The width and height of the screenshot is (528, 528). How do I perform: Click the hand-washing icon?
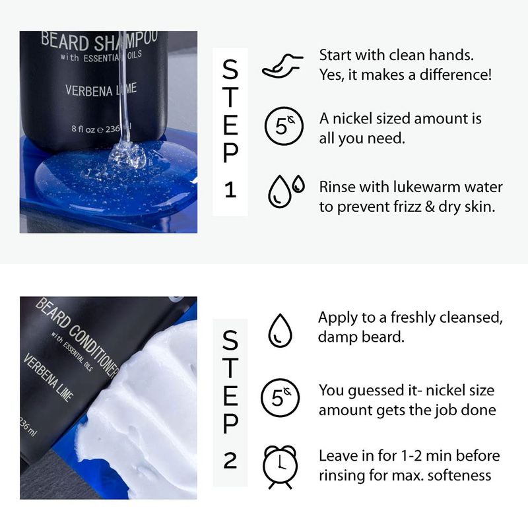click(282, 67)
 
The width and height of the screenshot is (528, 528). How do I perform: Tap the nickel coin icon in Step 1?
click(284, 126)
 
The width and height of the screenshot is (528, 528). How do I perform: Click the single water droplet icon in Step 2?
click(280, 331)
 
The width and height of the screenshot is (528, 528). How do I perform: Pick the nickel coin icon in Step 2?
click(280, 398)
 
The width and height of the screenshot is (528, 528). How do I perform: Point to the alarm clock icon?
click(280, 467)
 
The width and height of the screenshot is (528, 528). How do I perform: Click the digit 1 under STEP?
click(230, 190)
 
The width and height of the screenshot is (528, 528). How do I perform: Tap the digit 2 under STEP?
click(230, 460)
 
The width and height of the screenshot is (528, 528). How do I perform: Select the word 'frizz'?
click(407, 207)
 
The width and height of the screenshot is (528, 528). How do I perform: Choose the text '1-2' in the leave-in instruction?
click(412, 456)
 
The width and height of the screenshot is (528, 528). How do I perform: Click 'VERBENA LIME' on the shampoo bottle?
click(101, 90)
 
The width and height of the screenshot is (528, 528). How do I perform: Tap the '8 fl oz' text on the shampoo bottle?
click(83, 129)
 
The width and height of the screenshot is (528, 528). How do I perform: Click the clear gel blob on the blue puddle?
click(128, 155)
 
